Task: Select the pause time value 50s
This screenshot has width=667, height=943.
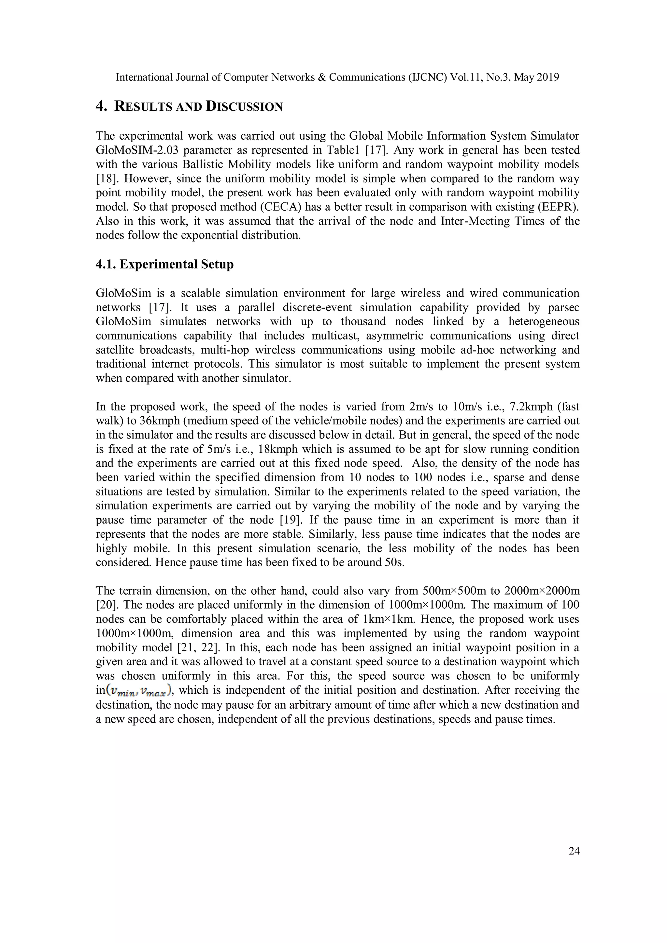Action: [x=395, y=562]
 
